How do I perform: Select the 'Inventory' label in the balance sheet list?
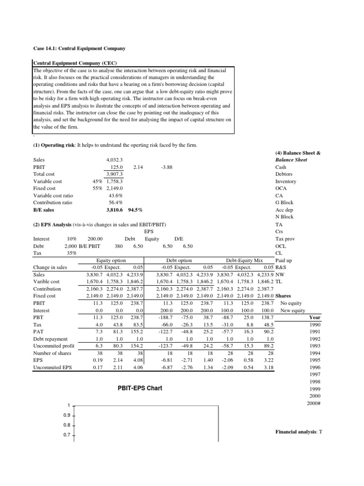[285, 181]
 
